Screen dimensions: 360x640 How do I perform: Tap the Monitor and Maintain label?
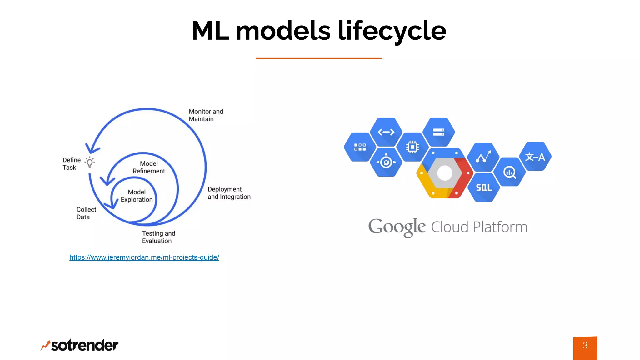[206, 115]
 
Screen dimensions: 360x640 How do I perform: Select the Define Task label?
[72, 164]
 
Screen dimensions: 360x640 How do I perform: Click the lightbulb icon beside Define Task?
[90, 162]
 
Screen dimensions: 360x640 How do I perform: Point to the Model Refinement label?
[149, 167]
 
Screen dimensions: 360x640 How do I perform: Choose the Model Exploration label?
[137, 196]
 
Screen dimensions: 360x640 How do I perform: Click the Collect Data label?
[86, 213]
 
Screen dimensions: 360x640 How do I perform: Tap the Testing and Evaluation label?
[158, 237]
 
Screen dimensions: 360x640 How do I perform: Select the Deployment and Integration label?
[229, 193]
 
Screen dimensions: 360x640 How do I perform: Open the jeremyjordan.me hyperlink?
[144, 257]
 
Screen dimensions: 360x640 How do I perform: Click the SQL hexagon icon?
[484, 187]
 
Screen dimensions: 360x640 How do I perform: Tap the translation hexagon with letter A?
[535, 157]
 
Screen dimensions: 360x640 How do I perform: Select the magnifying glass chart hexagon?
[510, 172]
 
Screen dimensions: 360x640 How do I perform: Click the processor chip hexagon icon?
[412, 147]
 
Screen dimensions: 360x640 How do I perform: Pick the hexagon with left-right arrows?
[386, 132]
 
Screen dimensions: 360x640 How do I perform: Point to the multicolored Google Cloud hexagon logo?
[445, 173]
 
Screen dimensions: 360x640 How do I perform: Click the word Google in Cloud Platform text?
[397, 227]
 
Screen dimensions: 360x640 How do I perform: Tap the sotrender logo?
[80, 345]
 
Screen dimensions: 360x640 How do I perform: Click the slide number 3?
[585, 346]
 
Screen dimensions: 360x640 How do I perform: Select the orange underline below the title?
[318, 58]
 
